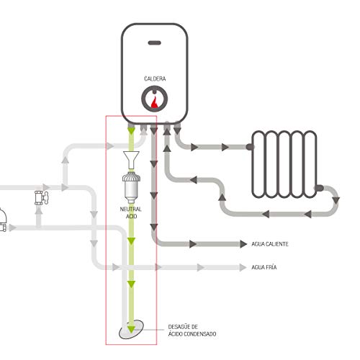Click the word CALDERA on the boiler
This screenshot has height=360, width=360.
(155, 78)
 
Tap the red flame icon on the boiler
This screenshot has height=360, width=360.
(155, 99)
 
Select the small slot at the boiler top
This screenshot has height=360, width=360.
(155, 44)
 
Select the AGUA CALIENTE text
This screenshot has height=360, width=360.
(270, 244)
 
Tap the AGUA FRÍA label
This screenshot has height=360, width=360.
(264, 268)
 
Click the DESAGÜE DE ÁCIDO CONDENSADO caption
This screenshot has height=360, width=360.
(192, 330)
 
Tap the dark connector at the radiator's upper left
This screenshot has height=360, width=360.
(250, 146)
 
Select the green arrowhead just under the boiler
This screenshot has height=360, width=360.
(131, 132)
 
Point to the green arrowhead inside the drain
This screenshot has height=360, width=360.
(131, 330)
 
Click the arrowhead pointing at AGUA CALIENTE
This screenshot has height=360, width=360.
(237, 244)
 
